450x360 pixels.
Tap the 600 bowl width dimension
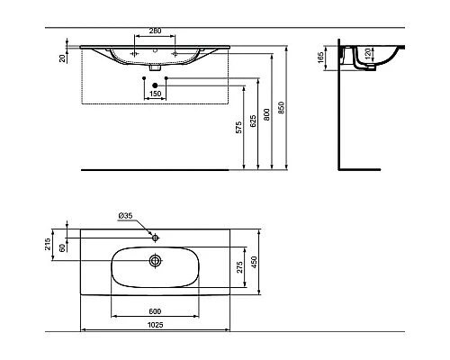tap(155, 312)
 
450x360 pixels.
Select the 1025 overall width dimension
tap(155, 328)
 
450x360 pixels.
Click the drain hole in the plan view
tap(155, 261)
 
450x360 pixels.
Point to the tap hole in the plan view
tap(155, 238)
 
